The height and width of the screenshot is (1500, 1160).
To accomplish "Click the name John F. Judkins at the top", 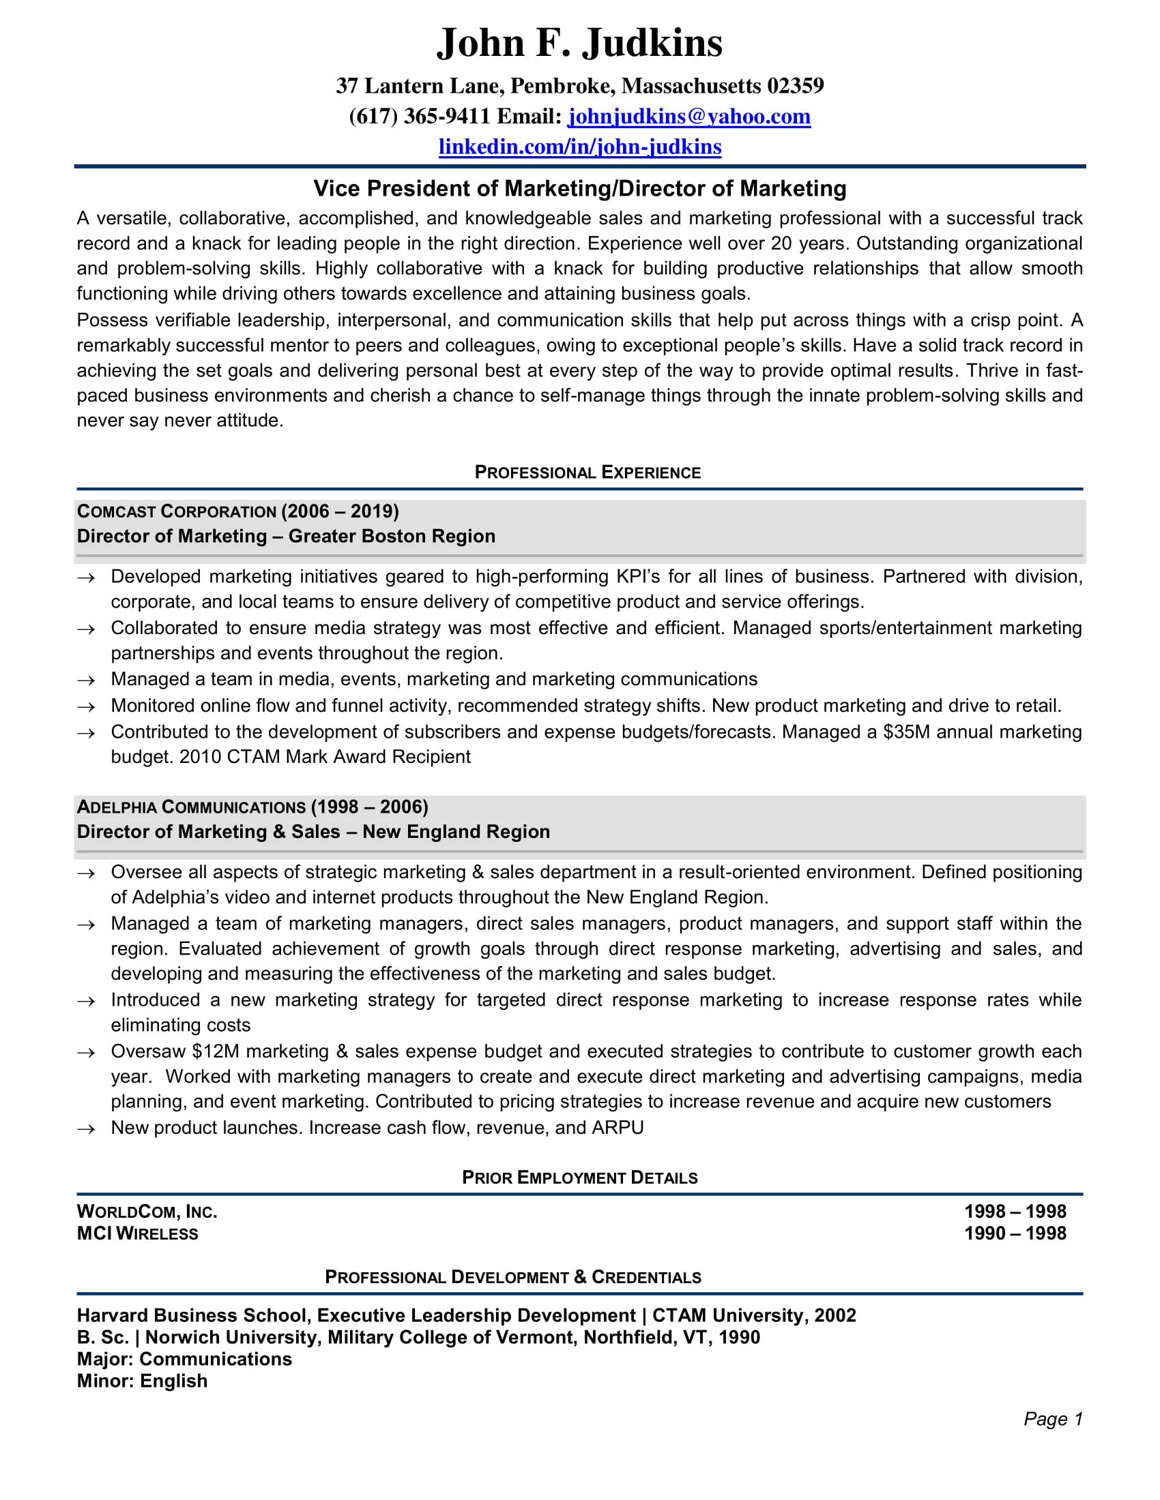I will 579,43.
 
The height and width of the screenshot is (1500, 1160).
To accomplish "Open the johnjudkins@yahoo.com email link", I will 688,116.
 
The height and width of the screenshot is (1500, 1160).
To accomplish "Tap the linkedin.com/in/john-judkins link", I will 579,147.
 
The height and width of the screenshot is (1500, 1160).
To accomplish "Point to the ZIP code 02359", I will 795,86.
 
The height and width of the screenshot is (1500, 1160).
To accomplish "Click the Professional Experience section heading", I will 588,472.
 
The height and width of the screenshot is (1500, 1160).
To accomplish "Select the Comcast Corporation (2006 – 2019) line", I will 237,511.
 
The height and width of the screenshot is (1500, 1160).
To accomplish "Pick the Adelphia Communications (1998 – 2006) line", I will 252,807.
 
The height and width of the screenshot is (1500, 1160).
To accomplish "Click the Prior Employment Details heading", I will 579,1178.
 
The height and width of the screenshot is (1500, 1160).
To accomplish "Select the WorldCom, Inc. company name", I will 147,1212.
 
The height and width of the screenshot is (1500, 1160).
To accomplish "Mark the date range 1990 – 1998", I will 1015,1233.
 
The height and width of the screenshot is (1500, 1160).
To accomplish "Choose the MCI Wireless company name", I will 137,1233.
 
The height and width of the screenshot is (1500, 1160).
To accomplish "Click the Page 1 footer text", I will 1053,1419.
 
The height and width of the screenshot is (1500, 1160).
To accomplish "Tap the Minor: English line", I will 142,1381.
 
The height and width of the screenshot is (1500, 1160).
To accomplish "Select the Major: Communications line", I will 184,1359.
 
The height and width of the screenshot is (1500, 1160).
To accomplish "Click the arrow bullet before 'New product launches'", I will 86,1129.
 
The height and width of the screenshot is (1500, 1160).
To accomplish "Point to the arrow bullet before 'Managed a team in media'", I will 86,680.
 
